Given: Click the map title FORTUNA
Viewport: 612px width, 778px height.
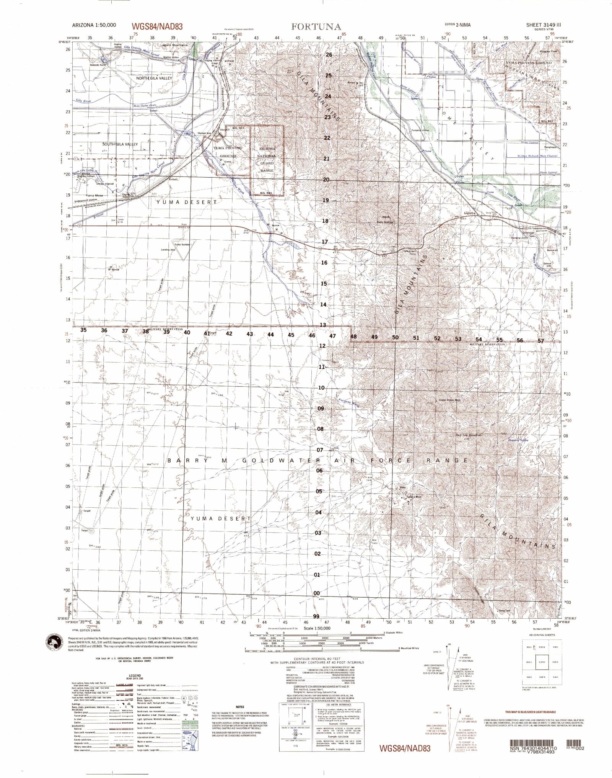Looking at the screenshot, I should click(x=316, y=27).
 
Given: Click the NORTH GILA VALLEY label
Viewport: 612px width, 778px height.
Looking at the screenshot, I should click(x=154, y=78).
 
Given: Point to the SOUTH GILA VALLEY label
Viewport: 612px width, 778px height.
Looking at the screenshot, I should click(x=120, y=144).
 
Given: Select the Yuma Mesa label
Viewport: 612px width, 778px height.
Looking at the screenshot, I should click(x=94, y=195).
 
